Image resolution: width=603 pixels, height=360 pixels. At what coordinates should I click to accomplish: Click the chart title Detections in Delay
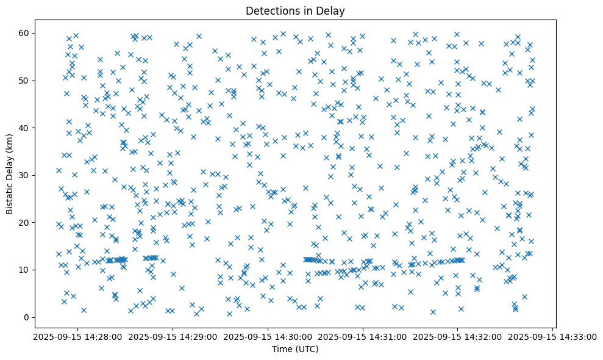click(301, 10)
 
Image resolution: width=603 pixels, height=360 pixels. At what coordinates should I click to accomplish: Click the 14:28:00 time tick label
click(76, 336)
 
